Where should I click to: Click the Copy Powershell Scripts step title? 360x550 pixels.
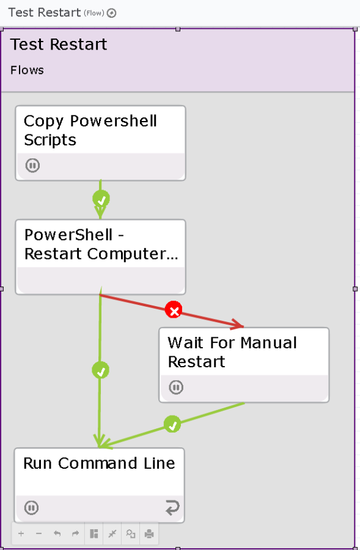[x=90, y=130]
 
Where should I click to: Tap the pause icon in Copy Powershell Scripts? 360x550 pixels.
[x=32, y=165]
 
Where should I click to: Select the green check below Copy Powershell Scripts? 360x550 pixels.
[x=101, y=199]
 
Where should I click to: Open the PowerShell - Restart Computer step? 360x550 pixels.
[x=101, y=257]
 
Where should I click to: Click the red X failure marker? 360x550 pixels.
[x=174, y=310]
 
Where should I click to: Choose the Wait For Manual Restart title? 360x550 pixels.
[x=232, y=352]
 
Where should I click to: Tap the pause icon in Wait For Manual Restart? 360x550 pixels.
[x=176, y=387]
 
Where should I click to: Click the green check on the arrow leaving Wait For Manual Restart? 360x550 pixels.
[x=172, y=425]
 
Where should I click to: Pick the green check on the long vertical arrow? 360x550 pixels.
[x=100, y=370]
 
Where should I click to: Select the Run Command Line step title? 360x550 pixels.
[x=99, y=463]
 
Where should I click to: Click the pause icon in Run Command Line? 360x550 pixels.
[x=31, y=508]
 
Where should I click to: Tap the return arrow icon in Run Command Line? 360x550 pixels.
[x=172, y=508]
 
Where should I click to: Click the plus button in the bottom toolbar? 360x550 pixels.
[x=21, y=533]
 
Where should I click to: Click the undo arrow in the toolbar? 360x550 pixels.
[x=57, y=533]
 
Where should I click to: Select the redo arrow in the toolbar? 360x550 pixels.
[x=75, y=533]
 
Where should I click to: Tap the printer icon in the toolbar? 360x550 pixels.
[x=149, y=534]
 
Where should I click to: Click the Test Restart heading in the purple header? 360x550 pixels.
[x=59, y=45]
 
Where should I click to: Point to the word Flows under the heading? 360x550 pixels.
[x=27, y=70]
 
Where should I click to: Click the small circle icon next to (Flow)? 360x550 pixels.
[x=111, y=13]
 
